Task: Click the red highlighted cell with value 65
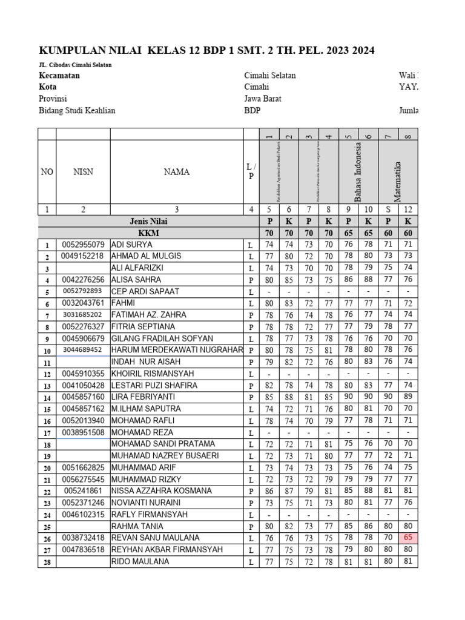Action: click(408, 538)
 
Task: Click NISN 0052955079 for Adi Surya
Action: click(83, 245)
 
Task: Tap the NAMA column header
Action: click(176, 172)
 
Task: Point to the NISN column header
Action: click(83, 172)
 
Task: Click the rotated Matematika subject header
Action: click(398, 181)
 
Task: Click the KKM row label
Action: click(147, 233)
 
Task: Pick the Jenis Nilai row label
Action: click(147, 222)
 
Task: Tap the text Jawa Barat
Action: click(263, 99)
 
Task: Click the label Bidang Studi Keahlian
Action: click(77, 110)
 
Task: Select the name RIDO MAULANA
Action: click(140, 561)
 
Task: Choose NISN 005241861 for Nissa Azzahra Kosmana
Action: click(83, 491)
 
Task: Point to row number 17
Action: click(47, 433)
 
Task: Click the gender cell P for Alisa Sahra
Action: click(249, 280)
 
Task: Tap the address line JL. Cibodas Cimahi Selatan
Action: click(75, 65)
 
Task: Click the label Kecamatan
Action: click(59, 76)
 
